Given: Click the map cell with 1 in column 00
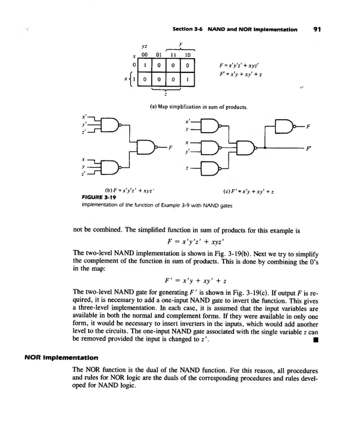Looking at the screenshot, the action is pyautogui.click(x=146, y=66).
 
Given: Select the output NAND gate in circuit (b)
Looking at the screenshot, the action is pyautogui.click(x=148, y=148).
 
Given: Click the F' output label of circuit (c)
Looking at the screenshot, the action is pyautogui.click(x=308, y=149).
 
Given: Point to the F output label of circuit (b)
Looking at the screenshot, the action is pyautogui.click(x=170, y=148).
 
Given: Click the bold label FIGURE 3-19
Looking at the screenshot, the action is pyautogui.click(x=94, y=197).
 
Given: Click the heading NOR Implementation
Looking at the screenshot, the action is pyautogui.click(x=61, y=358).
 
